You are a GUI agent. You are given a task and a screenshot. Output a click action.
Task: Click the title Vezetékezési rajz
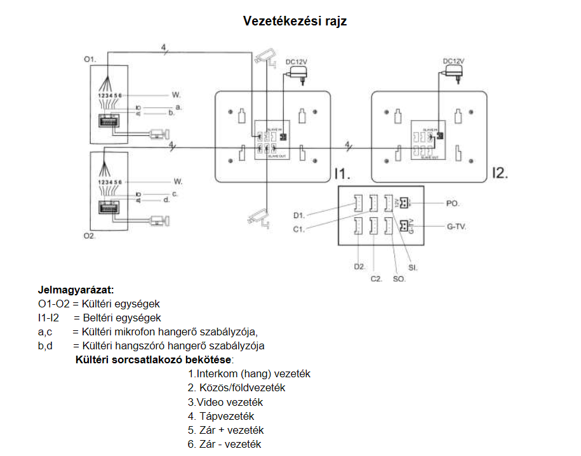tap(295, 21)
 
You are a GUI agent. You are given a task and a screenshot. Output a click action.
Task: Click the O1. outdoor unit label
tap(90, 59)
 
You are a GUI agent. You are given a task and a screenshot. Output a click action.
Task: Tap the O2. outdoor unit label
tap(90, 236)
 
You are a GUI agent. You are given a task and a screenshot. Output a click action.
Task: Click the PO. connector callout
tap(453, 204)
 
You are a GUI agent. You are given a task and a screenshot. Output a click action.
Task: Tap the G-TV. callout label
tap(456, 226)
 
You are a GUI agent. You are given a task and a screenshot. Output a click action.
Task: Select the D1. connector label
tap(299, 215)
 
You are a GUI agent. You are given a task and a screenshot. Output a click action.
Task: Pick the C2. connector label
tap(377, 278)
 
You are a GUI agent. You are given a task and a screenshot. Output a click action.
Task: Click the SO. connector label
tap(399, 278)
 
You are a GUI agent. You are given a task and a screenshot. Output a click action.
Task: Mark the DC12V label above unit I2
tap(453, 61)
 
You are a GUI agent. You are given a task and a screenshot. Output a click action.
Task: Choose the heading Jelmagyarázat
tap(76, 290)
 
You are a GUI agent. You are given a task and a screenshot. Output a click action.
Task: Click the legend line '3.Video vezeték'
tap(225, 402)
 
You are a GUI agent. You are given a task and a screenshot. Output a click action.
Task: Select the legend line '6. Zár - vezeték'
tap(224, 444)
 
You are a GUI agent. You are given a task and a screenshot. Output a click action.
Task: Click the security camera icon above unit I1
tap(265, 58)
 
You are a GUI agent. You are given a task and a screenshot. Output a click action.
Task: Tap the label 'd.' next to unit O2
tap(166, 199)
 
